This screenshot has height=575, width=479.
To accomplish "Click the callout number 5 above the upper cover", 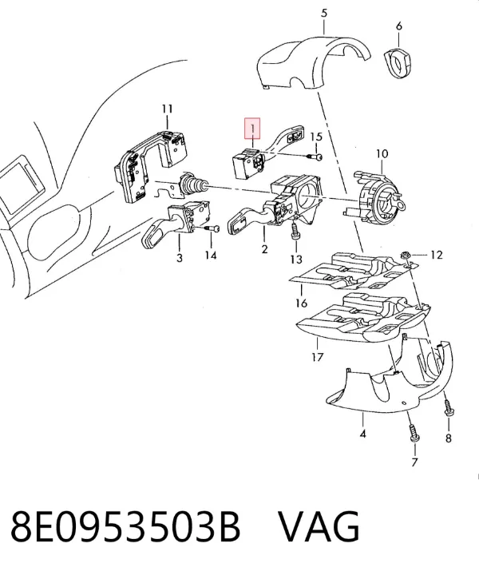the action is tap(324, 14).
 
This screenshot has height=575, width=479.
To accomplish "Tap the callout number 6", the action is tap(399, 26).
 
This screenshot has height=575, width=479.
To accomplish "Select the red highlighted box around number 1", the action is tap(252, 129).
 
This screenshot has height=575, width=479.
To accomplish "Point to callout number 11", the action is tap(167, 109).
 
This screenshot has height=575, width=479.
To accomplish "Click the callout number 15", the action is tap(316, 137).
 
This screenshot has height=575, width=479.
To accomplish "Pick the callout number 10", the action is tap(382, 153).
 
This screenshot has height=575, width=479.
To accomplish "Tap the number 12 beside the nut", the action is tap(436, 255).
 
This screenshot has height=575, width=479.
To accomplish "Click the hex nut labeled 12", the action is tap(406, 254).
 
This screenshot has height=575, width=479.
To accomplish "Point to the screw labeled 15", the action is tap(315, 157).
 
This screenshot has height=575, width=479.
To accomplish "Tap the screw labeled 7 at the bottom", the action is tap(414, 434).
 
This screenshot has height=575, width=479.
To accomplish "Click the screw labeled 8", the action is tap(448, 407).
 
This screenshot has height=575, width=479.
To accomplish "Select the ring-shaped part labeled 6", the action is tap(398, 64).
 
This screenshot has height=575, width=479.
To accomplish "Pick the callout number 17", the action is tap(318, 356).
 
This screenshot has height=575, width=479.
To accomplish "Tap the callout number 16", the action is tap(301, 303).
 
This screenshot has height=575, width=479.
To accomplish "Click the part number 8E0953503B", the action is tap(125, 526).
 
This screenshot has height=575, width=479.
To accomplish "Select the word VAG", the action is tap(319, 526).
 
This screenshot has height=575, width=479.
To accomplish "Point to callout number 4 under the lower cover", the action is tap(362, 434).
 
